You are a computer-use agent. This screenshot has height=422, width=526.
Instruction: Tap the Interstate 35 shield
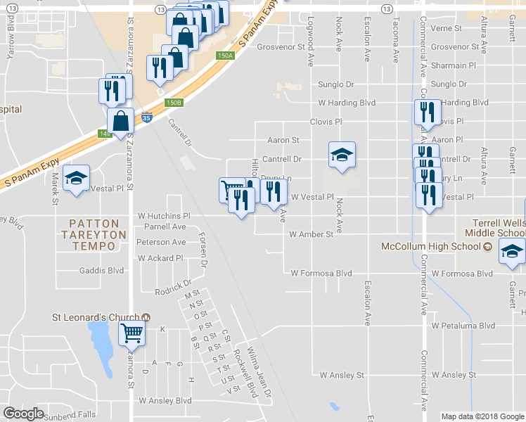click(x=146, y=119)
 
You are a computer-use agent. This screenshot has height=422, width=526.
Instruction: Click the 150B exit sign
click(x=174, y=103)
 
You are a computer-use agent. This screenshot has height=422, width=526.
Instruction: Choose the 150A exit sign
click(x=225, y=56)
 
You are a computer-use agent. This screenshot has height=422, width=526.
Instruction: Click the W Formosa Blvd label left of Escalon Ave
click(x=321, y=273)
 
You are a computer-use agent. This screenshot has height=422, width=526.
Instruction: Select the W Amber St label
click(x=310, y=234)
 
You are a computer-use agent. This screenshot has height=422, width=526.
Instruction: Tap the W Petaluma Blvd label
click(x=463, y=326)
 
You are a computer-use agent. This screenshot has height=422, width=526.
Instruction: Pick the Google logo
click(x=24, y=414)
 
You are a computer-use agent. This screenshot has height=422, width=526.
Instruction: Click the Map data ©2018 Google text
click(x=482, y=416)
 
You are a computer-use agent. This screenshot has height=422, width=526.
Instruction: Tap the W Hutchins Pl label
click(x=164, y=216)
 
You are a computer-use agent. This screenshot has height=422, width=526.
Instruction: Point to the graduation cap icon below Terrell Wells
click(x=511, y=251)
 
